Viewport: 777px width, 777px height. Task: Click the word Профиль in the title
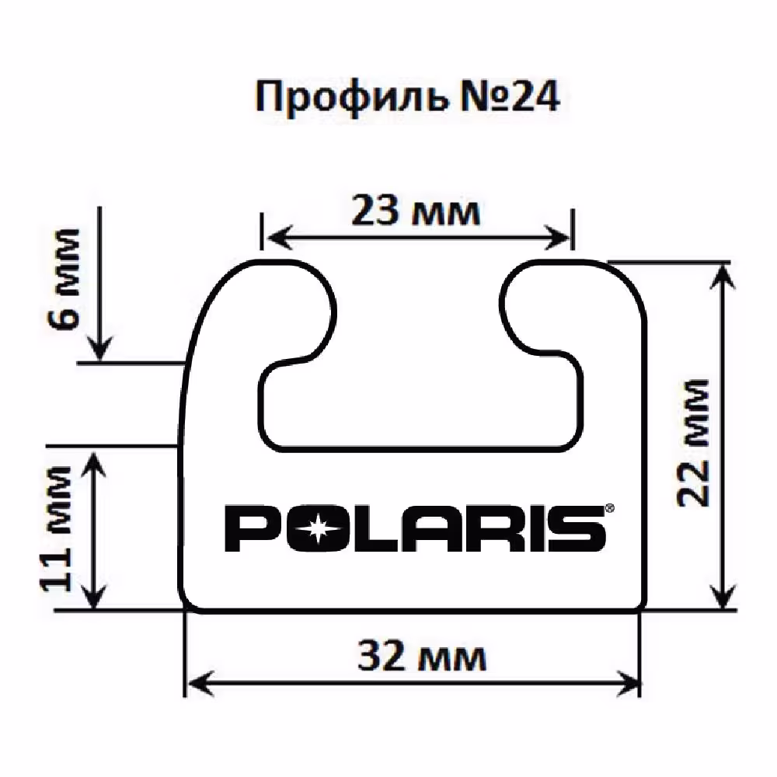point(350,99)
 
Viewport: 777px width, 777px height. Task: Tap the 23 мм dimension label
point(416,211)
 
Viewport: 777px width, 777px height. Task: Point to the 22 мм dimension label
point(694,444)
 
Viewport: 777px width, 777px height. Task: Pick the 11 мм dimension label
point(57,528)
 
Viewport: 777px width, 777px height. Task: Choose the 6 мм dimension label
point(64,279)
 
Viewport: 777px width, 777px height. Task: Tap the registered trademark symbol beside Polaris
point(609,508)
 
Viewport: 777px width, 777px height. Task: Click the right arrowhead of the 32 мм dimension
point(629,685)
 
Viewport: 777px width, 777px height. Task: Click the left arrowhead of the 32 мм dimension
point(201,685)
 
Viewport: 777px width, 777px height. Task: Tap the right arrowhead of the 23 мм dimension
point(556,237)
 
